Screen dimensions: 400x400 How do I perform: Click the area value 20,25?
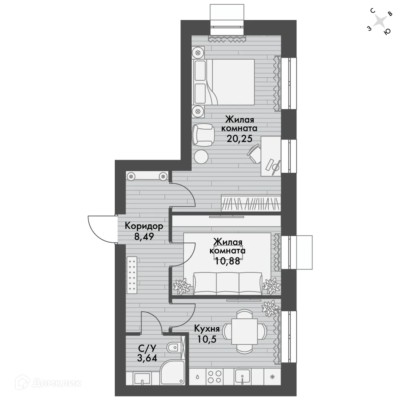coord(239,139)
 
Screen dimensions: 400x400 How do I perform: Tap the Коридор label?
coord(144,226)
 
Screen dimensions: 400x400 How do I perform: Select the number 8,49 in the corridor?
coord(144,237)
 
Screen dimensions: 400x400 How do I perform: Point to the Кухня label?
coord(207,328)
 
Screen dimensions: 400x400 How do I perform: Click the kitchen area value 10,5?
coord(207,339)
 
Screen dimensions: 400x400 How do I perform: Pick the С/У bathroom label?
coord(147,348)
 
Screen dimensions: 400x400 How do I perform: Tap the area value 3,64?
coord(147,358)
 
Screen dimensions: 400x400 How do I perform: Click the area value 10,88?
coord(228,261)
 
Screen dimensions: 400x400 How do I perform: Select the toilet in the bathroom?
coord(174,347)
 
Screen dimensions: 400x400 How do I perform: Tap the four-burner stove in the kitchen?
coord(214,377)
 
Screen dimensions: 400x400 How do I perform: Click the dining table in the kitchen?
coord(244,331)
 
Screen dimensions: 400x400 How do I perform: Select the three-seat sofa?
coord(228,283)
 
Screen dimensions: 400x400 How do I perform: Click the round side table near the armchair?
coord(201,156)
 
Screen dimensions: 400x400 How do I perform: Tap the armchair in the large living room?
coord(203,135)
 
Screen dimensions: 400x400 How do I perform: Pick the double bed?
coord(224,82)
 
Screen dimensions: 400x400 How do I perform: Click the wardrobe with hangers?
coord(251,203)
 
